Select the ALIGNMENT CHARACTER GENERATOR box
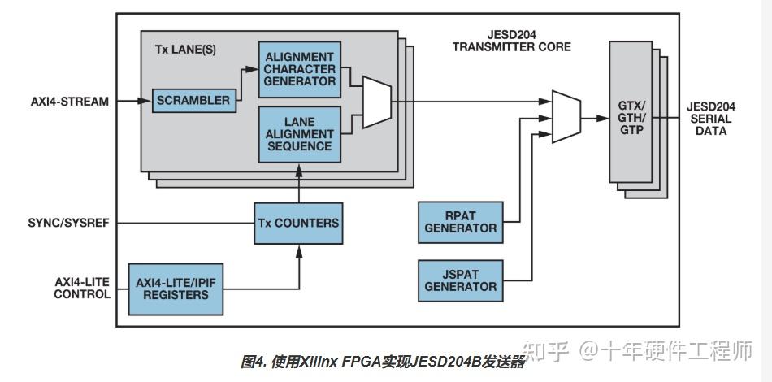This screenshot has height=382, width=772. (x=298, y=69)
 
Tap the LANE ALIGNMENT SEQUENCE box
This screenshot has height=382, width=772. (x=298, y=134)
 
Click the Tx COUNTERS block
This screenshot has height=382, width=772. (x=298, y=223)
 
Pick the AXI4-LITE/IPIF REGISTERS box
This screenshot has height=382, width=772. (x=175, y=288)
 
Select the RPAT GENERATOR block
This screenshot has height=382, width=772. (x=460, y=221)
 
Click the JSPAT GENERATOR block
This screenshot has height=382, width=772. (x=460, y=280)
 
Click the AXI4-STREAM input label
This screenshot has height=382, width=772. (x=70, y=102)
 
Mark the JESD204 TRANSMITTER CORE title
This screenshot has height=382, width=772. (x=511, y=41)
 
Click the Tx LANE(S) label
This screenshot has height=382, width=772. (x=185, y=50)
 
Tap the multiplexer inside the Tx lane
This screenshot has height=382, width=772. (x=376, y=102)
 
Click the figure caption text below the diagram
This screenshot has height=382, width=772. (x=383, y=362)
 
